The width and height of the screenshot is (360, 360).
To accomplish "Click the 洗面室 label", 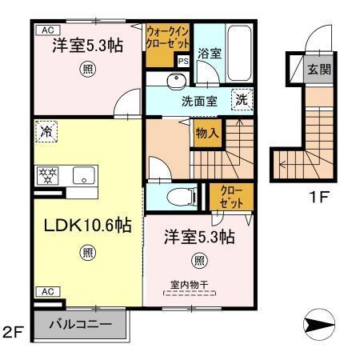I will point(200,102).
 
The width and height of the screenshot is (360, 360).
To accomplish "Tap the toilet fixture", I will point(178,194).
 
